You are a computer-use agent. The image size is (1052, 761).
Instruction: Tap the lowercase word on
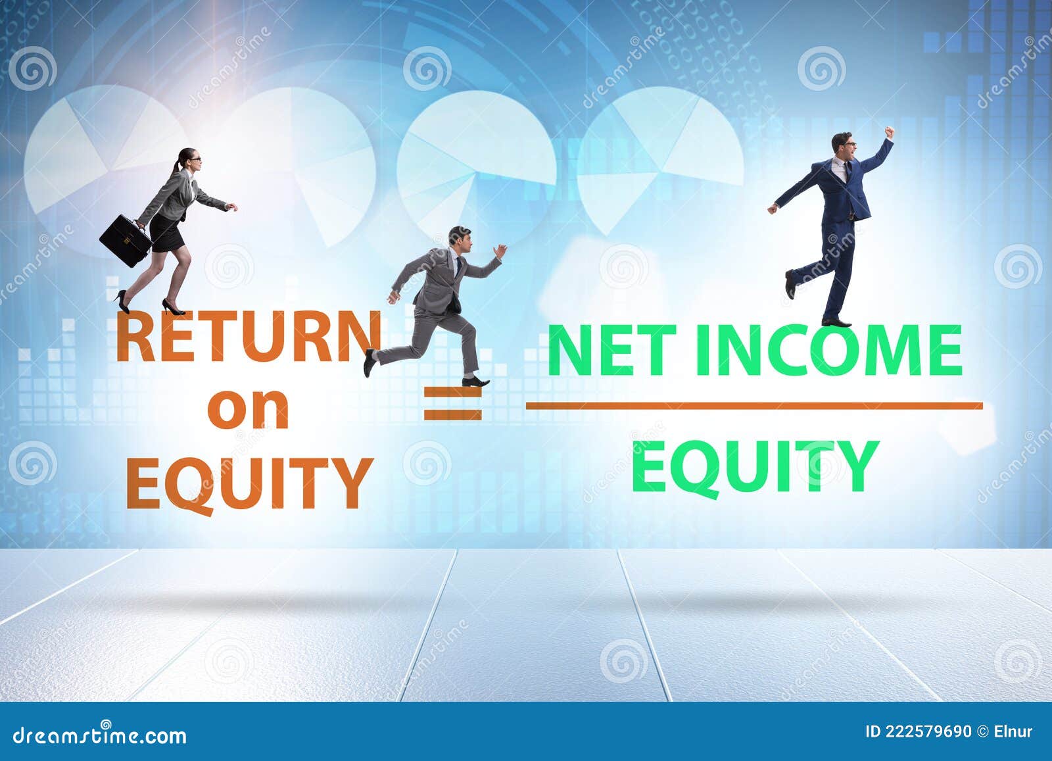click(x=248, y=410)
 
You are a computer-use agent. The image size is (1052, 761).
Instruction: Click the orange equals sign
click(x=453, y=403)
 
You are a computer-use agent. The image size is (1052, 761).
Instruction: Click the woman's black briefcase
click(x=126, y=240)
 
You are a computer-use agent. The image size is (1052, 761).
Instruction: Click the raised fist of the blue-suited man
click(x=889, y=132)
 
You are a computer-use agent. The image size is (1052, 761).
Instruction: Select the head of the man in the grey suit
click(x=460, y=239)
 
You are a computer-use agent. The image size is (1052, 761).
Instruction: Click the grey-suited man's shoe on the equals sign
click(x=475, y=381)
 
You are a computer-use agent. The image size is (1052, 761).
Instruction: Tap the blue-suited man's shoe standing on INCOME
click(x=836, y=323)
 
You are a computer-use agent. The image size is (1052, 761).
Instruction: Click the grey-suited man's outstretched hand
click(x=501, y=251)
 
